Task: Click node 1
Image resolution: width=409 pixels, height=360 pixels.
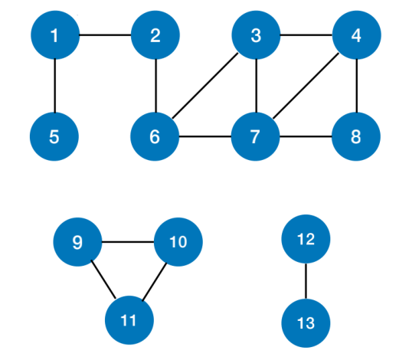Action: point(55,35)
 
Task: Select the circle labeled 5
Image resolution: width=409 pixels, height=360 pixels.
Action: point(54,136)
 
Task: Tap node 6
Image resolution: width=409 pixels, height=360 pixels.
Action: point(155,136)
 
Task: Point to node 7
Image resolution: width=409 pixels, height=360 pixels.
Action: point(255,136)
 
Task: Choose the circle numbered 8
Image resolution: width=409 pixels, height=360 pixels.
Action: point(356,136)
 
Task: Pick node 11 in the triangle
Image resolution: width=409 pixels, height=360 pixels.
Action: point(129,320)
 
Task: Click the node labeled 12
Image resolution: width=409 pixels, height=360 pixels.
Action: point(306,239)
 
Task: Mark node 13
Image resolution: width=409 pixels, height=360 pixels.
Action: point(306,323)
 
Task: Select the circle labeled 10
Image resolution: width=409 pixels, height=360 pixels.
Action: point(178,242)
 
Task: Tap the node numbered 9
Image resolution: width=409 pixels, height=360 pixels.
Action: point(77,242)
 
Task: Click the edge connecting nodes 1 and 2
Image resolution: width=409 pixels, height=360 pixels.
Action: point(105,34)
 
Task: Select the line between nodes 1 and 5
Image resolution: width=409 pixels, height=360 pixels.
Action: point(55,86)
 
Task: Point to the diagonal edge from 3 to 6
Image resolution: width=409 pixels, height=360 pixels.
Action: point(205,86)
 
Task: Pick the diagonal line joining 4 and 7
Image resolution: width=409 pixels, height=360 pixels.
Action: point(306,86)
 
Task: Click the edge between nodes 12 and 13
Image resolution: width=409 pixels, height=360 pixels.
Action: point(306,281)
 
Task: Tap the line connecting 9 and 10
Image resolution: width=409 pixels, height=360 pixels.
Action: point(128,242)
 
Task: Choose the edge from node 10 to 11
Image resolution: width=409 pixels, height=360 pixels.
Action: point(155,282)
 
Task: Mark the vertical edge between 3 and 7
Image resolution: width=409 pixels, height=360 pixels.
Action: point(257,86)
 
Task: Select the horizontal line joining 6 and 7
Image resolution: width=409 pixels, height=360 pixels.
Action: point(205,136)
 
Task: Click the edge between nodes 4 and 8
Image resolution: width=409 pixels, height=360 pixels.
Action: point(357,86)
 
